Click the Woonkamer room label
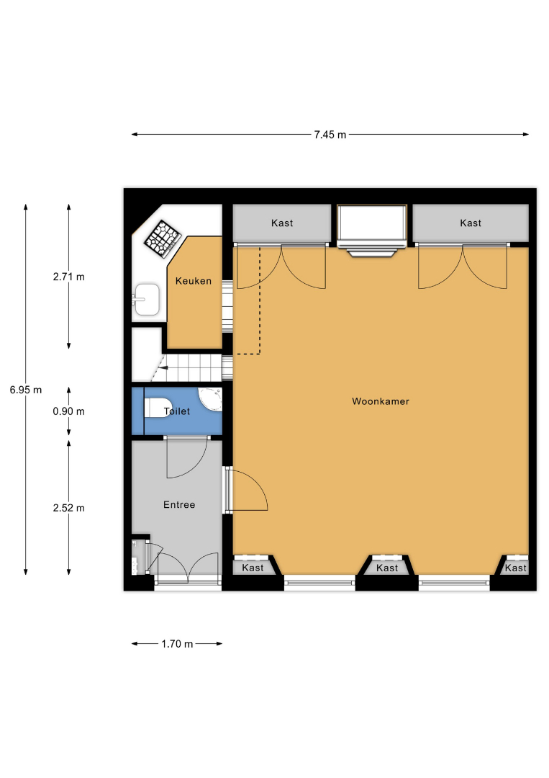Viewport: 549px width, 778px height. pos(381,401)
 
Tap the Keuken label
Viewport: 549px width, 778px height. pos(194,281)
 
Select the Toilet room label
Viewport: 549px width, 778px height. pos(177,411)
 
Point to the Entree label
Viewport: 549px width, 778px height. pos(179,504)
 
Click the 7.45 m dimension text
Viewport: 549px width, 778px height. pos(330,135)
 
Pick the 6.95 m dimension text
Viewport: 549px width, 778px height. pos(26,390)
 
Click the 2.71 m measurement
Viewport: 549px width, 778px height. pos(69,277)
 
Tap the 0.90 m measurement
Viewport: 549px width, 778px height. pos(69,411)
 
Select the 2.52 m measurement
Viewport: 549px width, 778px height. pos(69,508)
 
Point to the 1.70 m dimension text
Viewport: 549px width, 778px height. pos(177,644)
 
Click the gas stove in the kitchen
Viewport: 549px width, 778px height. pos(162,239)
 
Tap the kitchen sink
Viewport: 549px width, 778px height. pos(146,300)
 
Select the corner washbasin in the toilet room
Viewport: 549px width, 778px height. pos(211,399)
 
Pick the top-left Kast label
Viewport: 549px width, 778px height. pos(282,223)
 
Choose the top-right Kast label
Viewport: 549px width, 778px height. pos(471,223)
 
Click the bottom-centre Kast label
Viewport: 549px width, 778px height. pos(387,568)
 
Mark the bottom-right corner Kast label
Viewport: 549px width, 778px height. pos(516,568)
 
